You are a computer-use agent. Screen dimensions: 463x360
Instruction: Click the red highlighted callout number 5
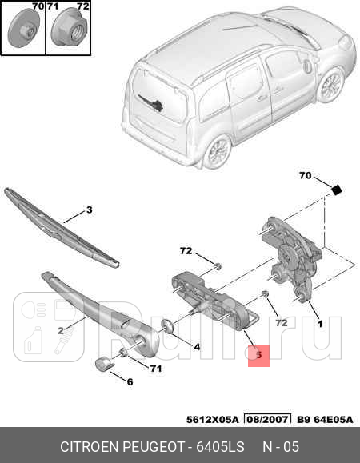(259, 353)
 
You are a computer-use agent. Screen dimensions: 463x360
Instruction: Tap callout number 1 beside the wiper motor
(320, 325)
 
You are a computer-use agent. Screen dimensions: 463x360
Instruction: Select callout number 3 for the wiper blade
(90, 210)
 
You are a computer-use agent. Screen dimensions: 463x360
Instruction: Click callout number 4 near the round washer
(197, 346)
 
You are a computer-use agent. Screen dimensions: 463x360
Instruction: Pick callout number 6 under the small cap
(130, 381)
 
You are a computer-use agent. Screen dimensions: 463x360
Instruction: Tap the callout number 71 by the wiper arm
(156, 368)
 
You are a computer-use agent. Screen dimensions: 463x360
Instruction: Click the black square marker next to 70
(337, 190)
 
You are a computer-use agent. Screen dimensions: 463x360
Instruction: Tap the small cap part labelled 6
(103, 365)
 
